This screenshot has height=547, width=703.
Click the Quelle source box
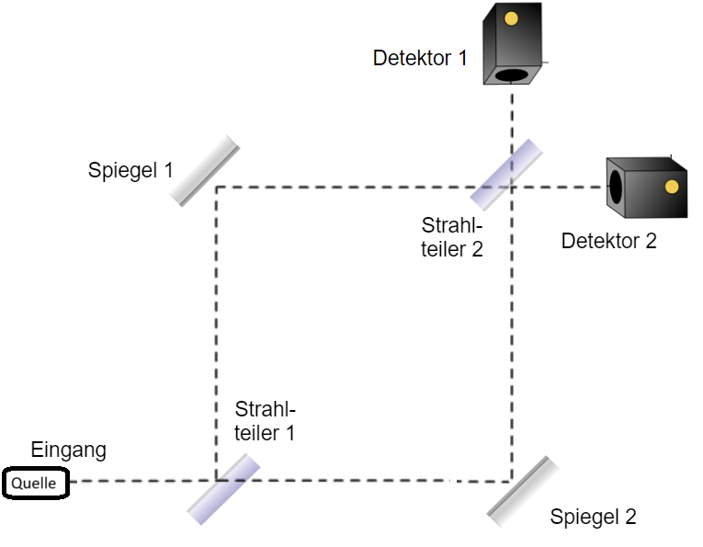point(35,482)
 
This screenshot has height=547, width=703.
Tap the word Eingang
point(69,450)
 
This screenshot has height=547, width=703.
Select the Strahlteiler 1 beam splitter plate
point(223,488)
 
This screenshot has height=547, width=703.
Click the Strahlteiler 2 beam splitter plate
point(505,175)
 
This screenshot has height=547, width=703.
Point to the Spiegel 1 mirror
point(204,171)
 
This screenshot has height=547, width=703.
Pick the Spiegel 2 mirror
point(524,492)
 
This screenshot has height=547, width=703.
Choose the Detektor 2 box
point(647,188)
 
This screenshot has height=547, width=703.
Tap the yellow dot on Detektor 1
point(512,17)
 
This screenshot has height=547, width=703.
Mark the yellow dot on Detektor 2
point(672,187)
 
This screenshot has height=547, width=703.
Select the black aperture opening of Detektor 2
point(617,188)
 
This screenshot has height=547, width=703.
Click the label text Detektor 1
point(420,58)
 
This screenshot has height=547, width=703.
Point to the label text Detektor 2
point(609,242)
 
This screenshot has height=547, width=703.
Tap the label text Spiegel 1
point(130,170)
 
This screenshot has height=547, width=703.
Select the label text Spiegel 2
point(593,517)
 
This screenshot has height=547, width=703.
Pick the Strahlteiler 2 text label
point(452,236)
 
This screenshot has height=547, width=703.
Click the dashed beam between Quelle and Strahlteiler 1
point(138,481)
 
